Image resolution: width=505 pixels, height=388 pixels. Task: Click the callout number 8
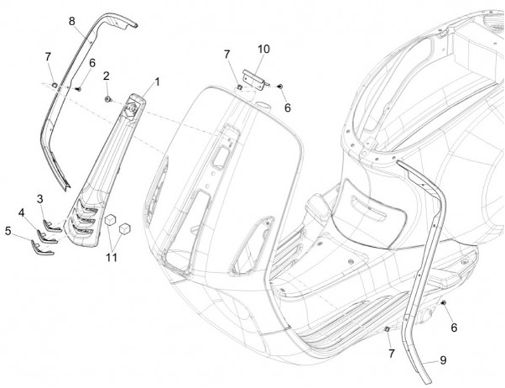pos(72,21)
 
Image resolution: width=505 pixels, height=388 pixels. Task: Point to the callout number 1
pos(157,82)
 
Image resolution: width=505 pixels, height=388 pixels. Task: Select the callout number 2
pos(107,76)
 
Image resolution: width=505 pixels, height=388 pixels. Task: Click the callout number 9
pos(443,361)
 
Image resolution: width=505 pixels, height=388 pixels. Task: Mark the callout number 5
pos(8,229)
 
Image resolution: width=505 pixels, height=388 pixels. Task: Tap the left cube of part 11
pos(109,220)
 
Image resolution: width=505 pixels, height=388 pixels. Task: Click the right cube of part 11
pos(126,229)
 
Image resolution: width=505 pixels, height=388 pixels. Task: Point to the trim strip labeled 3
pos(53,224)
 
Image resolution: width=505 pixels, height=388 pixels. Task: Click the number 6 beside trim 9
pos(454,327)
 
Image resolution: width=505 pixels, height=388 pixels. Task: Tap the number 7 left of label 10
pos(227,54)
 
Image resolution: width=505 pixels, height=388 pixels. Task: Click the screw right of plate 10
pos(279,85)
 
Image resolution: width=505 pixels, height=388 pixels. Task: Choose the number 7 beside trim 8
pos(48,57)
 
